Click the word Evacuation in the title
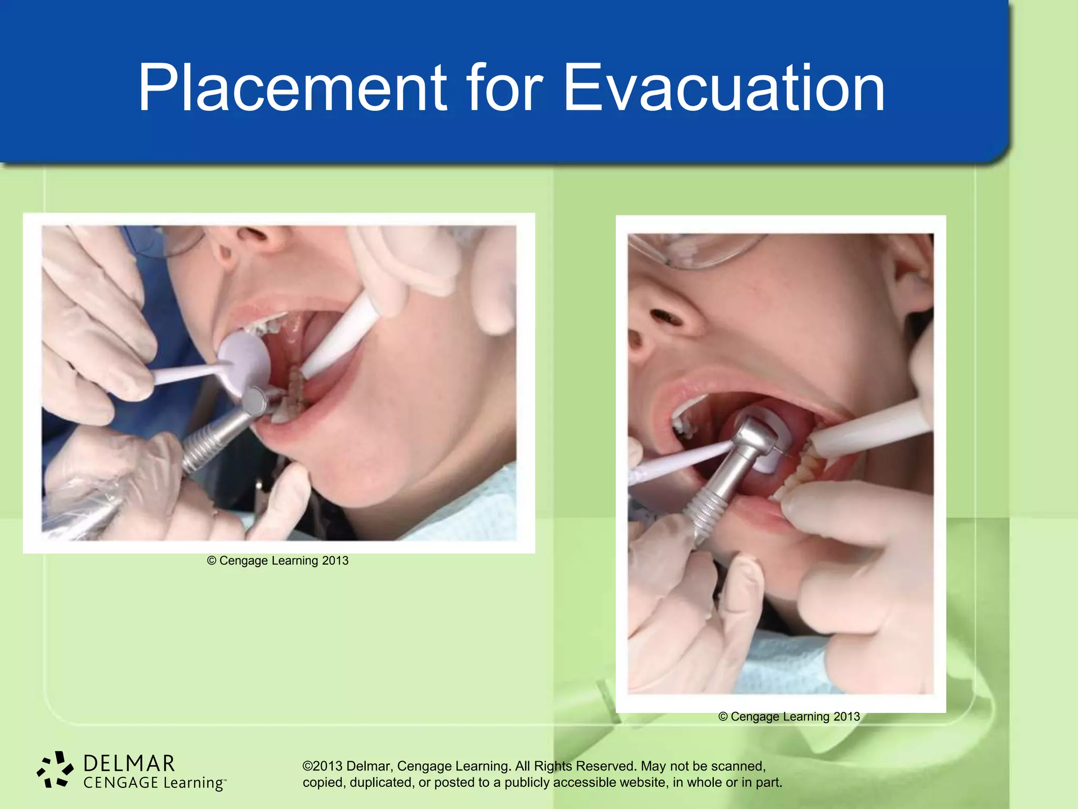tap(724, 88)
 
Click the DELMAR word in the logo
tap(129, 763)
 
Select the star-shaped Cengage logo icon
tap(55, 769)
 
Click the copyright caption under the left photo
tap(278, 560)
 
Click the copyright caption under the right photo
tap(788, 717)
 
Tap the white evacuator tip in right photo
tap(869, 429)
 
